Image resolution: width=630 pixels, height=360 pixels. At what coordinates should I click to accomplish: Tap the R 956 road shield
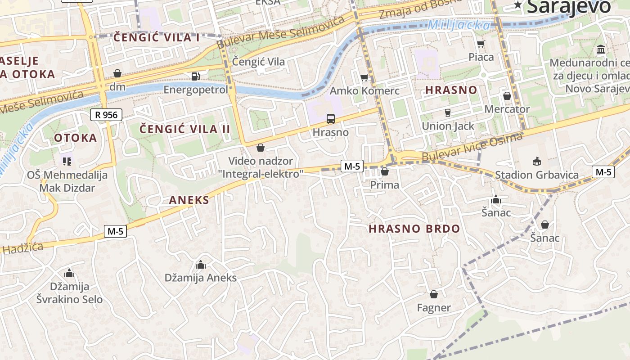pos(106,115)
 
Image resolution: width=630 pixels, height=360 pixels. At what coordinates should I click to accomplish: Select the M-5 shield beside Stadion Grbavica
pos(603,171)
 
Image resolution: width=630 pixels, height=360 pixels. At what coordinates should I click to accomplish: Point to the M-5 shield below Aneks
pos(115,231)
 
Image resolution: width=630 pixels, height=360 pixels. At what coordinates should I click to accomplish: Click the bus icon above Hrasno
pos(330,119)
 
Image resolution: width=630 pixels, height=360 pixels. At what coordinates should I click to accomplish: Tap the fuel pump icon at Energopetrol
pos(195,76)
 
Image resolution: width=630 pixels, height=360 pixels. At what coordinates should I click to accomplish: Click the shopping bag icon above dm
pos(117,73)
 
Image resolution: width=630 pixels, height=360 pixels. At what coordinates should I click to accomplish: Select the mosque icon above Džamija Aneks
pos(201,265)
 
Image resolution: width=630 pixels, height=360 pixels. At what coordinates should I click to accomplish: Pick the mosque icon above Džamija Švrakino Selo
pos(69,273)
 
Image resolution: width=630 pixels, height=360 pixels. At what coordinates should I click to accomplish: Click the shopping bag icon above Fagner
pos(433,294)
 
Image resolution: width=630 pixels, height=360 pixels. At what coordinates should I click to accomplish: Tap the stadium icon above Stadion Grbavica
pos(536,161)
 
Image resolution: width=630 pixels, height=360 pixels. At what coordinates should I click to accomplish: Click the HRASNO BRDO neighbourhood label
pos(414,229)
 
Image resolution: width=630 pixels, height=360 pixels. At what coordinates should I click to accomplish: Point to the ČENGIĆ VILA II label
pos(184,129)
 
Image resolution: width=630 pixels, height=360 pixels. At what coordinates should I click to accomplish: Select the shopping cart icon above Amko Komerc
pos(364,78)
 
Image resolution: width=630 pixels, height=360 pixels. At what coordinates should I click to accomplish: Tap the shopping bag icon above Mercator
pos(507,96)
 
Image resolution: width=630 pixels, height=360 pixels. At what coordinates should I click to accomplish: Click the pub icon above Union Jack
pos(447,112)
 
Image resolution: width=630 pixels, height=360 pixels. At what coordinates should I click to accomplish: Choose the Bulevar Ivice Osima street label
pos(472,147)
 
